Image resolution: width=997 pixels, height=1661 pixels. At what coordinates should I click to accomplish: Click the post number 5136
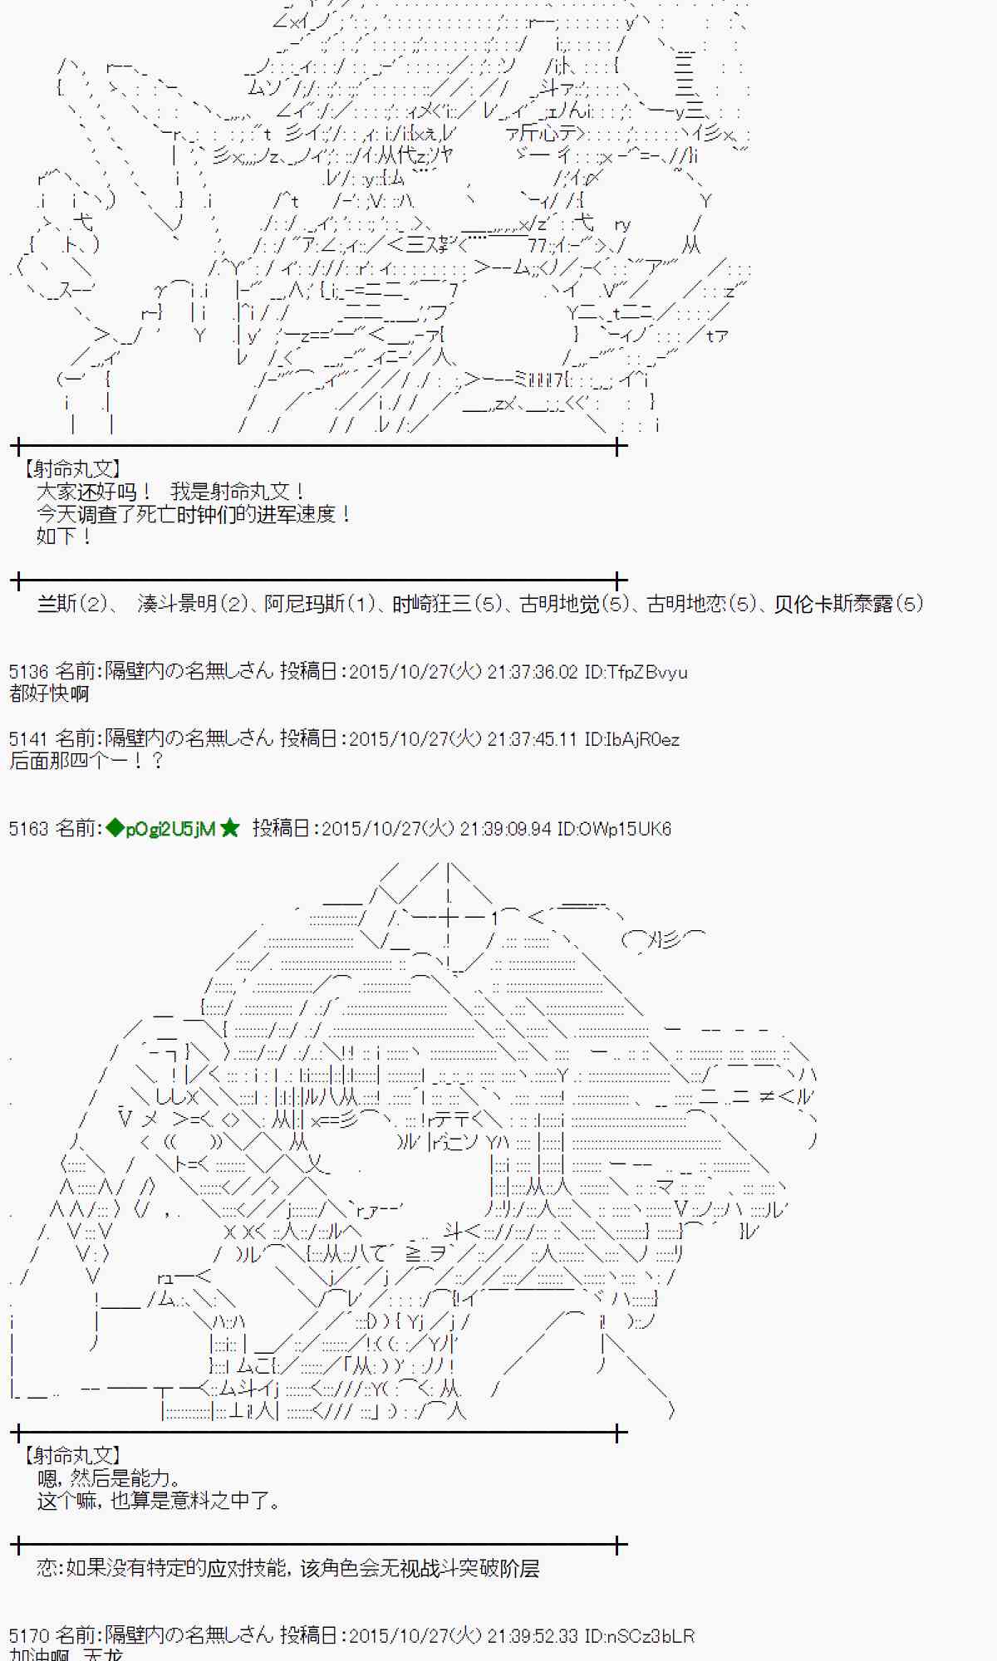tap(29, 671)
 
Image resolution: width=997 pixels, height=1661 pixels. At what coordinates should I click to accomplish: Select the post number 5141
tap(29, 738)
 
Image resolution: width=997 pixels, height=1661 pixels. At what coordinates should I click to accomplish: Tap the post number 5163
tap(29, 828)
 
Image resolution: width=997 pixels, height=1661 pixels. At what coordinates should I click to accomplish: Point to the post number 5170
tap(29, 1635)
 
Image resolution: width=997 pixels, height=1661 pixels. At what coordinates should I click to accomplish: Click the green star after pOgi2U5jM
tap(230, 828)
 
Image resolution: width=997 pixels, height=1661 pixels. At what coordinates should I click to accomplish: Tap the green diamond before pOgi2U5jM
tap(115, 828)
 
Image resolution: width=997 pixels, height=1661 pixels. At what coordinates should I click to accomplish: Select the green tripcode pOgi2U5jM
tap(170, 828)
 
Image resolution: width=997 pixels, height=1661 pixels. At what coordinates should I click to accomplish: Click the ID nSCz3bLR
tap(640, 1635)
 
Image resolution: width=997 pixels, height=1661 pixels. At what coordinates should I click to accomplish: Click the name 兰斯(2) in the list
tap(72, 604)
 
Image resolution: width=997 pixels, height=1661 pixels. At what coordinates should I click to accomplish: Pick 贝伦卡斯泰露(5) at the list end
tap(848, 604)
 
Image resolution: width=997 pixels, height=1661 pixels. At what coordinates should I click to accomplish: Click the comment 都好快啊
tap(49, 693)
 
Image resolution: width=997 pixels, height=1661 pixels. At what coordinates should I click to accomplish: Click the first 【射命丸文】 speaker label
tap(72, 469)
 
